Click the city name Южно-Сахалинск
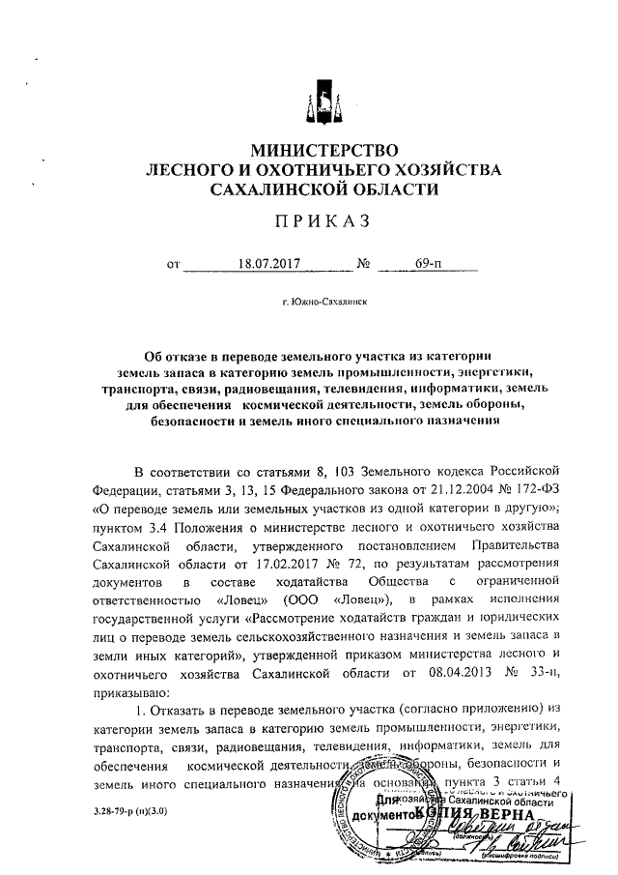point(323,302)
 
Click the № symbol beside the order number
point(365,263)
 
